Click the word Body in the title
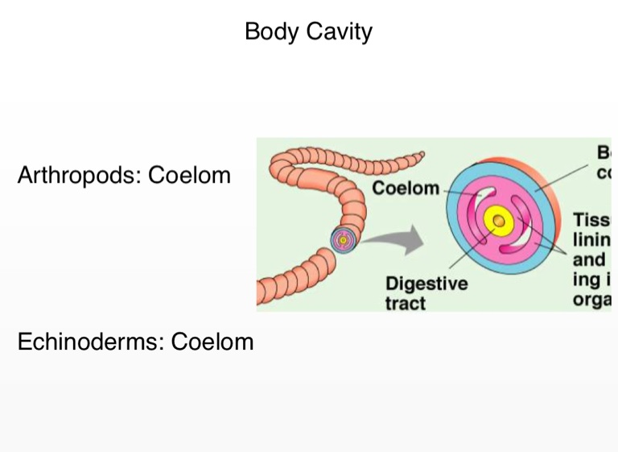270,32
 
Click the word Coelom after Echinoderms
212,342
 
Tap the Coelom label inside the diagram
405,189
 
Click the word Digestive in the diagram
426,284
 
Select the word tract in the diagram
405,304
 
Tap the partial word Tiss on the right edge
591,219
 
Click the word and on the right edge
589,259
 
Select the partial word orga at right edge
592,299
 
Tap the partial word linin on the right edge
592,239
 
